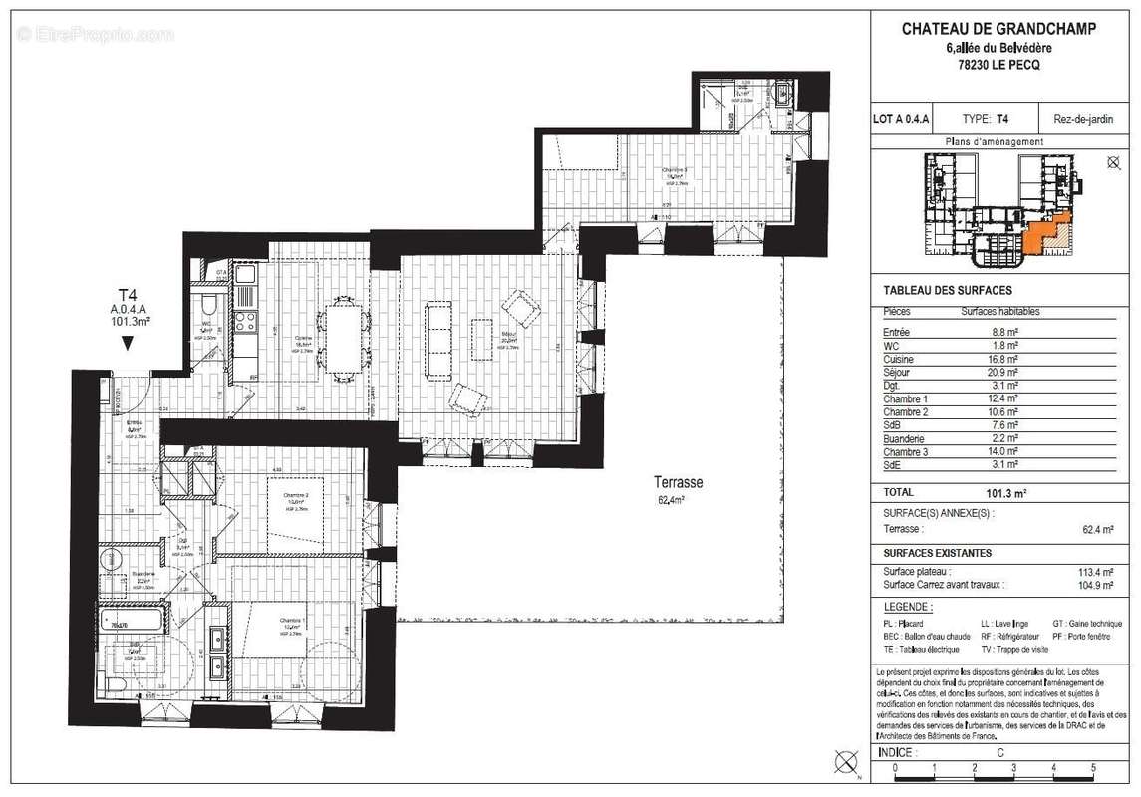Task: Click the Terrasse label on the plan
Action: tap(680, 482)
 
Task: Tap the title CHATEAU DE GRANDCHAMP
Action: tap(998, 29)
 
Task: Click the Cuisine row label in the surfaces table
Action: tap(898, 359)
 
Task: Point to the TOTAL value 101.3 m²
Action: tap(1006, 492)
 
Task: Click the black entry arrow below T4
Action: tap(128, 343)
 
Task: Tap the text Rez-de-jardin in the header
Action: tap(1083, 119)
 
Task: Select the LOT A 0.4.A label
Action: tap(901, 119)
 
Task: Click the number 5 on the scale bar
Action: tap(1093, 768)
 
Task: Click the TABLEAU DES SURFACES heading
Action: tap(934, 290)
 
